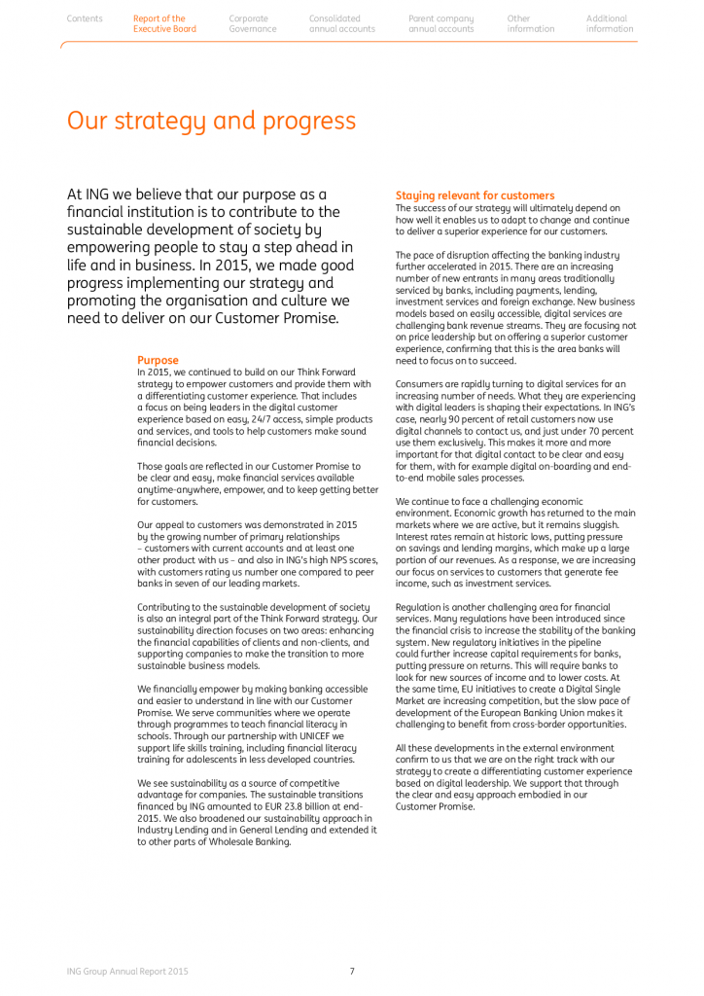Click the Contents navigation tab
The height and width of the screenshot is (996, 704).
tap(85, 18)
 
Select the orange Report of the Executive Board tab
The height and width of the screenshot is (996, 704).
tap(164, 23)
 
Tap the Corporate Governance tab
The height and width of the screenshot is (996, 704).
tap(252, 23)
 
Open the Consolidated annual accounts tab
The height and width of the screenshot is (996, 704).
tap(341, 23)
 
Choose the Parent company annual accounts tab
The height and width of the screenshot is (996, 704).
tap(441, 23)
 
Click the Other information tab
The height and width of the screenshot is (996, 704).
tap(530, 23)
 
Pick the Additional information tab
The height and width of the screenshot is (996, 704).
tap(610, 23)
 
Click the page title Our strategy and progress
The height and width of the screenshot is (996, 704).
tap(211, 122)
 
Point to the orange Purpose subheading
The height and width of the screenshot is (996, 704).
tap(158, 360)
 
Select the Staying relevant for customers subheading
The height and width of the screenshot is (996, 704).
tap(475, 196)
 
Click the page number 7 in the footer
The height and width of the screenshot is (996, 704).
tap(352, 971)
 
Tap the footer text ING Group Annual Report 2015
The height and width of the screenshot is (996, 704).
tap(127, 971)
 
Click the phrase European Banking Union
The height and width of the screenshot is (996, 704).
tap(529, 713)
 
